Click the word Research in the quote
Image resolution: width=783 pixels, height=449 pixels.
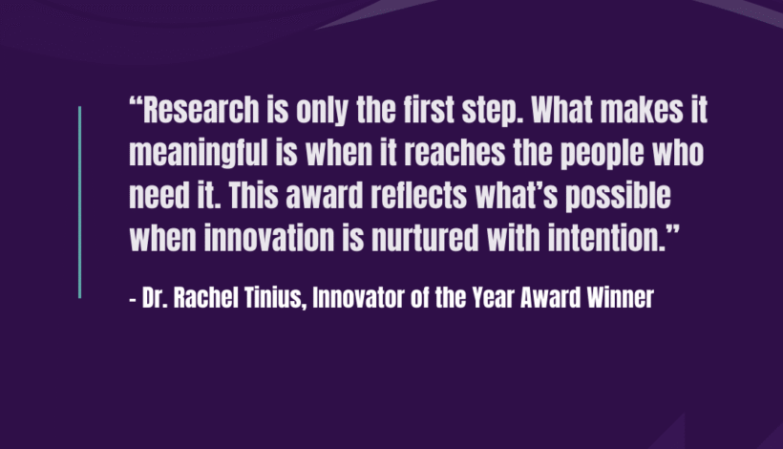click(201, 110)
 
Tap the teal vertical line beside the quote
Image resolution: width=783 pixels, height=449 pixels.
click(80, 202)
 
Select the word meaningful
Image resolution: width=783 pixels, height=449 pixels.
click(199, 155)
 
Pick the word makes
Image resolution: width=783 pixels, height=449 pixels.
click(641, 110)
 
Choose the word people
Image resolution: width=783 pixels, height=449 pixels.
click(602, 155)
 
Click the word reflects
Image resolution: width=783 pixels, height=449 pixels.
click(418, 195)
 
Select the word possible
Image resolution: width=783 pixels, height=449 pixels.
click(618, 197)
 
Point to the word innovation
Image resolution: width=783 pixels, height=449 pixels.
click(269, 238)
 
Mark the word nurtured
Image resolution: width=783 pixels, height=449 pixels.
click(425, 238)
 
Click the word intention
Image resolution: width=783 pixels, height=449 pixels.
click(606, 238)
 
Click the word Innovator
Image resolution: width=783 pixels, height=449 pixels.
click(358, 298)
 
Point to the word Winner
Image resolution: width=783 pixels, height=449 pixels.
click(621, 298)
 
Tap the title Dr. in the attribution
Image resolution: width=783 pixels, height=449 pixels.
click(155, 298)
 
